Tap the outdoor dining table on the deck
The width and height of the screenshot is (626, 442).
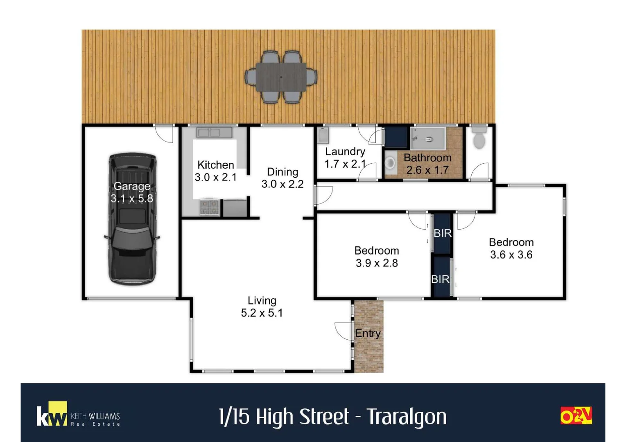(281, 77)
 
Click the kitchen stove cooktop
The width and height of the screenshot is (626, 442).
(209, 207)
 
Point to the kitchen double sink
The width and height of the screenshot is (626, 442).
(214, 133)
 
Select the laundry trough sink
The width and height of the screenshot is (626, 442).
(323, 135)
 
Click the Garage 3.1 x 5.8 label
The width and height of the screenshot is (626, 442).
(132, 192)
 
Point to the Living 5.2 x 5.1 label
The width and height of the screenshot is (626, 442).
(262, 307)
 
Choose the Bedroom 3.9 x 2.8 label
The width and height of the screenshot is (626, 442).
(376, 257)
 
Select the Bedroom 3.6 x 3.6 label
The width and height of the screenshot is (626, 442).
(511, 248)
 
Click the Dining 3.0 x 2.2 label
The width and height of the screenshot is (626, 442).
(282, 178)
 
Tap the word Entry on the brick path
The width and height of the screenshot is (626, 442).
(368, 334)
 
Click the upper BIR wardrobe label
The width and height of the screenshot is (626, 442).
(443, 233)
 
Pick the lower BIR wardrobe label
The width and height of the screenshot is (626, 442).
(440, 279)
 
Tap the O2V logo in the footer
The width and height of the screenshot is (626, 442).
(576, 415)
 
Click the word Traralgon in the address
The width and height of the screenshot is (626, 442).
(406, 417)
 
